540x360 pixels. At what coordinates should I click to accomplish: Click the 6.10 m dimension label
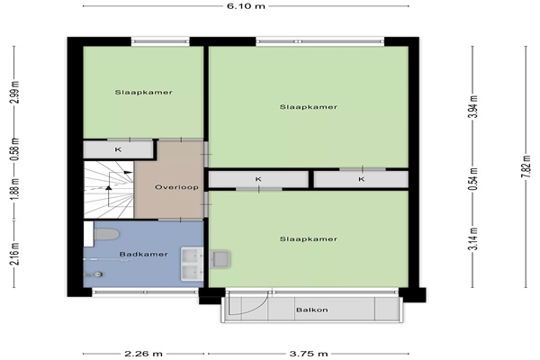(246, 6)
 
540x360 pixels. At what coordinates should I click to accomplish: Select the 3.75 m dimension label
(308, 354)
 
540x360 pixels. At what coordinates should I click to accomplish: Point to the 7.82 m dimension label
(526, 166)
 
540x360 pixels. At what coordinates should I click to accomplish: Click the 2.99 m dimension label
(14, 92)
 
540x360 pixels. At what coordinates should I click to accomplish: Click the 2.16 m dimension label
(14, 254)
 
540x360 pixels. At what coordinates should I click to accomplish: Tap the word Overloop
(176, 187)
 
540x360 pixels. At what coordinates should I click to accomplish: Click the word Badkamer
(143, 254)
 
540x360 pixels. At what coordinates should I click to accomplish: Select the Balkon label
(312, 310)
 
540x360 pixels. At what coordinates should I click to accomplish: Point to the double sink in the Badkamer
(192, 264)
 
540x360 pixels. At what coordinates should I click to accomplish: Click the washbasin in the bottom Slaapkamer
(220, 259)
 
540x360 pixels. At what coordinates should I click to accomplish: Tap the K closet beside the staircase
(118, 150)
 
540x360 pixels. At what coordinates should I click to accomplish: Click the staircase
(109, 190)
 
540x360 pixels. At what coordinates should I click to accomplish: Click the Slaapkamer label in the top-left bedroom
(144, 93)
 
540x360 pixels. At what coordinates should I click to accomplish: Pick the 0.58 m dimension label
(14, 149)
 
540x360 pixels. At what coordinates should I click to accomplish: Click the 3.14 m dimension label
(474, 238)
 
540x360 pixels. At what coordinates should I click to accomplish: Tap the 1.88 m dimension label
(14, 190)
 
